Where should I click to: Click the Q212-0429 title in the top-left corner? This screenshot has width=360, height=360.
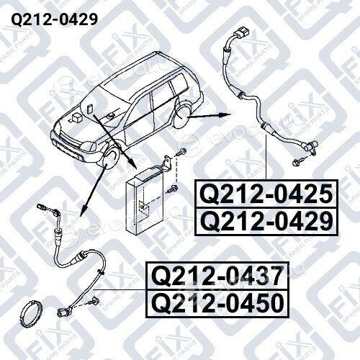click(55, 19)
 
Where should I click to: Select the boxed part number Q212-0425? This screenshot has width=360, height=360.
click(266, 194)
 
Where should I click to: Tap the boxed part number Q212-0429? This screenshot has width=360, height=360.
click(266, 222)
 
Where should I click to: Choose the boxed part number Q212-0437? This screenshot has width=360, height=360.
click(217, 276)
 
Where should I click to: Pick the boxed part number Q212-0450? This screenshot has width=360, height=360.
click(217, 303)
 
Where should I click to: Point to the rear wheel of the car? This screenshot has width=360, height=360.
click(184, 112)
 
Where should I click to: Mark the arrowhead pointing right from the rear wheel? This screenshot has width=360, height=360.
click(225, 114)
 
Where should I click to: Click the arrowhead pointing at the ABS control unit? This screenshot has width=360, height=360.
click(132, 163)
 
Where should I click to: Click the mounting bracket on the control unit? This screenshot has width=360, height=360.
click(166, 164)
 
